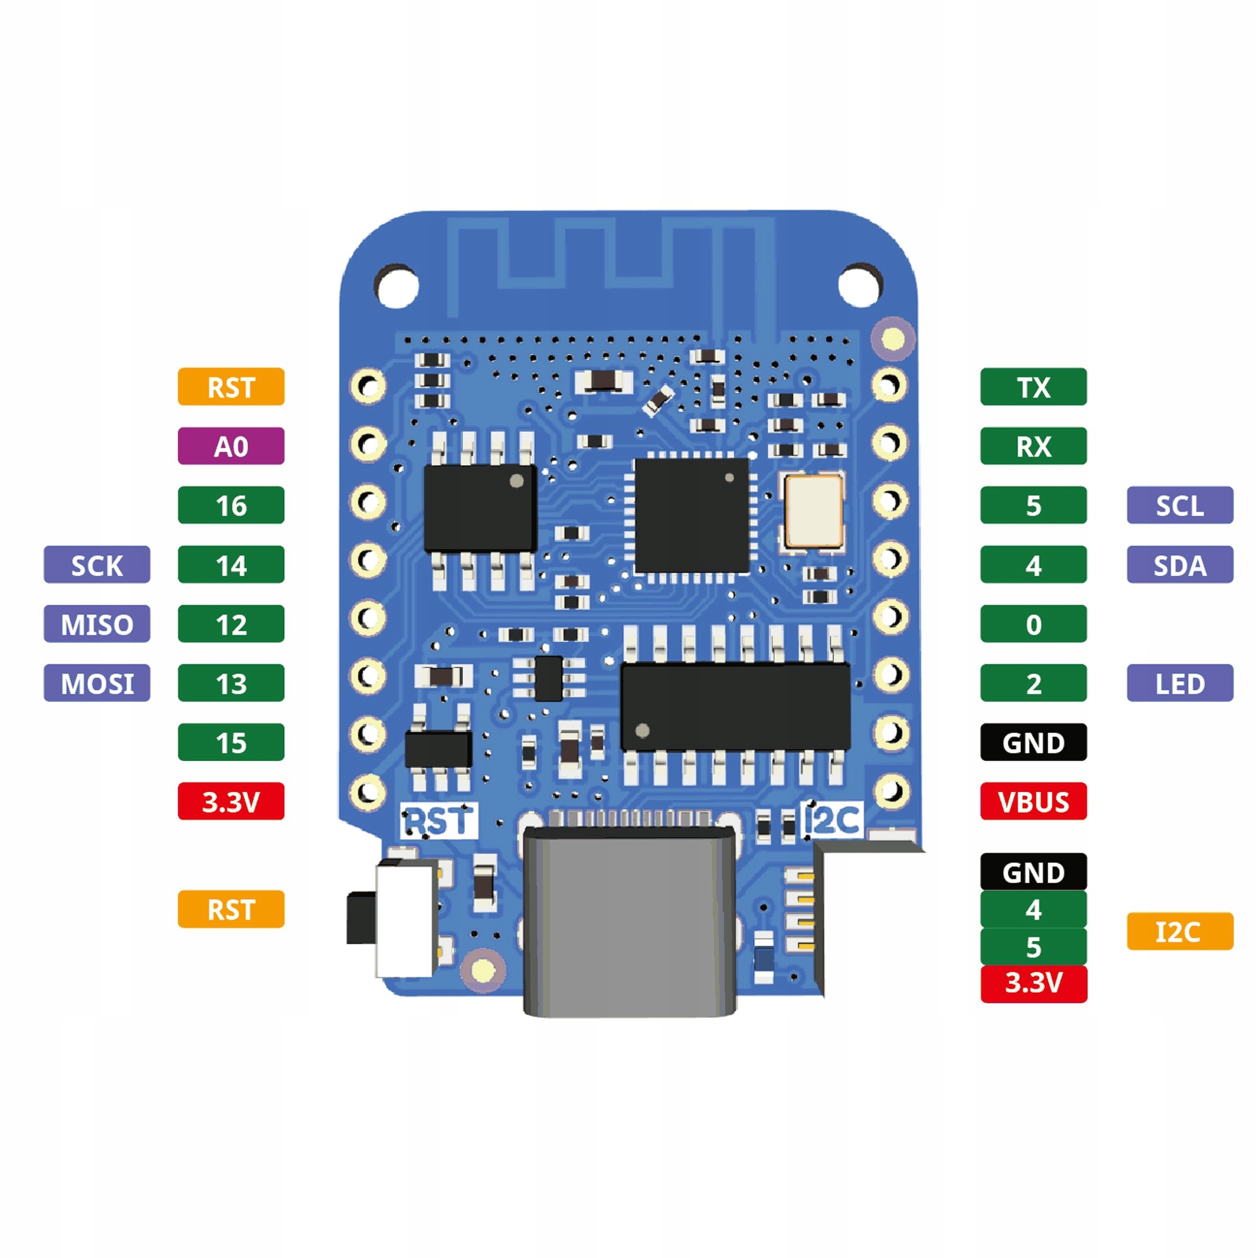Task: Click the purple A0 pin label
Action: (x=230, y=446)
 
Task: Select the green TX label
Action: (x=1033, y=387)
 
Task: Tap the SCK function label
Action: (x=96, y=565)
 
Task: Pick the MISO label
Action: (x=96, y=624)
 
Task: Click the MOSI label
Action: (x=96, y=683)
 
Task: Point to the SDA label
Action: (x=1179, y=565)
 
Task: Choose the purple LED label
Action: (x=1179, y=683)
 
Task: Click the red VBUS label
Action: (x=1033, y=801)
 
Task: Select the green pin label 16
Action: (x=230, y=505)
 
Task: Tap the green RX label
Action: (x=1033, y=446)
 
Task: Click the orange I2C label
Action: (x=1179, y=931)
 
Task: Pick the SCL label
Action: (x=1179, y=505)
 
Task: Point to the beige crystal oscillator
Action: (x=813, y=511)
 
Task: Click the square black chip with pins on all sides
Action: (x=691, y=515)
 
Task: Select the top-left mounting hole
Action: (x=396, y=286)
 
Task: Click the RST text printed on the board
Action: (x=439, y=821)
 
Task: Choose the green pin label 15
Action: (x=230, y=742)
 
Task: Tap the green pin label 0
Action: (x=1033, y=624)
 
